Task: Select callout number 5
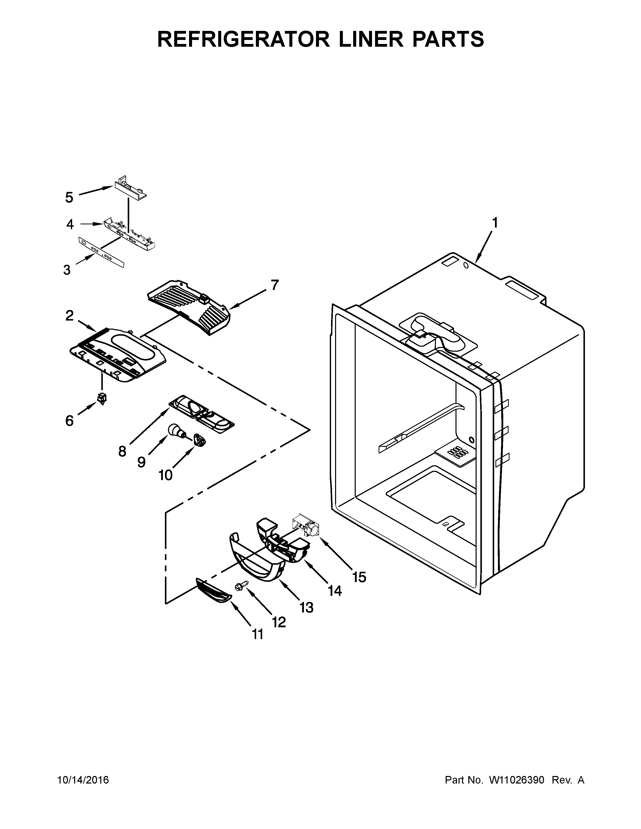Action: click(x=69, y=197)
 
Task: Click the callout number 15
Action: click(x=359, y=577)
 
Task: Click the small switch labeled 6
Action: click(x=102, y=398)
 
